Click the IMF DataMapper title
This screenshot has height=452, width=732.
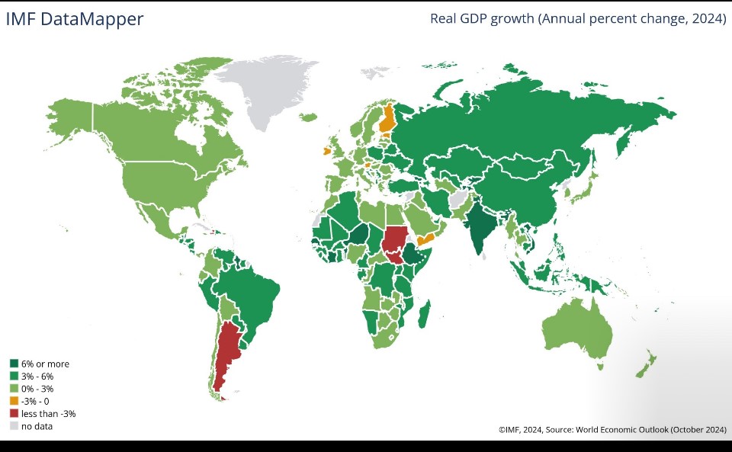75,19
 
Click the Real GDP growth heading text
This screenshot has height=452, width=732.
578,19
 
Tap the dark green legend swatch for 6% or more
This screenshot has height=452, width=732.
14,364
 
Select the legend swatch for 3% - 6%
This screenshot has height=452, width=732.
14,376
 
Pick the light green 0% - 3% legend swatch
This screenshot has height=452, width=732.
14,389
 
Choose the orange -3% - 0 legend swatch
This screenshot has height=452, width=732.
14,401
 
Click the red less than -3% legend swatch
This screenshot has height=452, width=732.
14,413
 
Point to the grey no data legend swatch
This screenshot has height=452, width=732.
14,425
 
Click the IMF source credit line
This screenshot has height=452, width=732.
612,430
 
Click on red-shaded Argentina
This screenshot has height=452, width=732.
227,351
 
